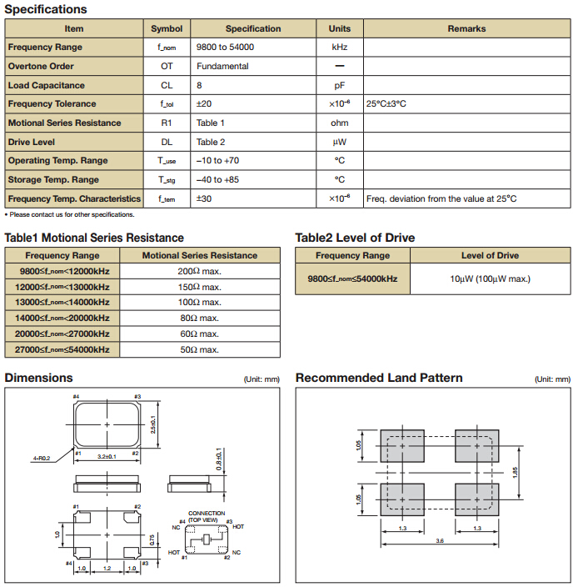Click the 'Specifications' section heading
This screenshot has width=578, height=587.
pyautogui.click(x=46, y=9)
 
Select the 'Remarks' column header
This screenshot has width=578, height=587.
pyautogui.click(x=466, y=28)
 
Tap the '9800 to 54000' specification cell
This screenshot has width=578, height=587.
pyautogui.click(x=225, y=48)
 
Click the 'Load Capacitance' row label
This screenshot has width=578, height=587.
pyautogui.click(x=47, y=85)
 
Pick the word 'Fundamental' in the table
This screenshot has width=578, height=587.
pyautogui.click(x=222, y=67)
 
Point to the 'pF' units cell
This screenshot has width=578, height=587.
pyautogui.click(x=339, y=85)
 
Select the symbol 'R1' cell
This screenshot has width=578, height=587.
pyautogui.click(x=167, y=123)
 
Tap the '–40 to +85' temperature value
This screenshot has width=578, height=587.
pyautogui.click(x=217, y=180)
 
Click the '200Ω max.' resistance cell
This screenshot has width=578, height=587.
pyautogui.click(x=199, y=271)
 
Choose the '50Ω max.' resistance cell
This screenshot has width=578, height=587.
pyautogui.click(x=199, y=349)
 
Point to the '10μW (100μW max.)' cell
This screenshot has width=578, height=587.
pyautogui.click(x=490, y=278)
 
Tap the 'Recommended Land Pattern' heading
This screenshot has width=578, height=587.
pyautogui.click(x=379, y=378)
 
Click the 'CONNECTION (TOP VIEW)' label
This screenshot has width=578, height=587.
pyautogui.click(x=206, y=516)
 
